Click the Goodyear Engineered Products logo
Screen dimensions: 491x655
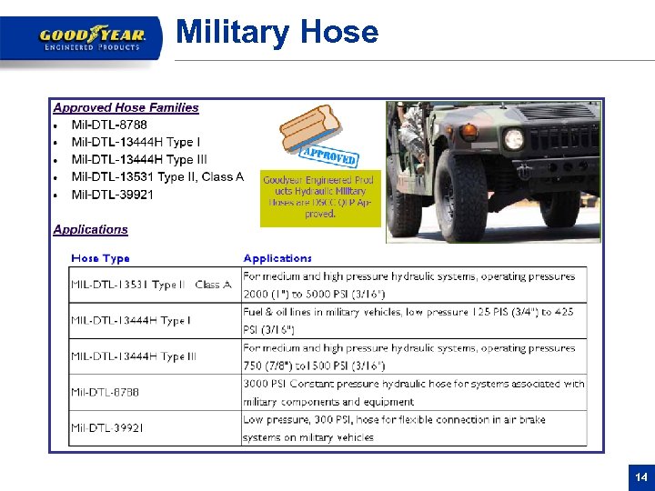coord(92,39)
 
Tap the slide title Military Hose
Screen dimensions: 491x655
coord(277,32)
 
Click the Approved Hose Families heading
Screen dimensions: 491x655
coord(126,107)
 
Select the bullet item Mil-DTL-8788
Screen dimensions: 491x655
coord(109,125)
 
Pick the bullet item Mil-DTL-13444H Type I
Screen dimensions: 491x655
coord(136,142)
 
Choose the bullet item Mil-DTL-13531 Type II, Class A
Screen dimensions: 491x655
coord(157,176)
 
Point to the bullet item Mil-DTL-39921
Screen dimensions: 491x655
coord(113,195)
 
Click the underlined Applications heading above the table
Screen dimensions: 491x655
coord(90,230)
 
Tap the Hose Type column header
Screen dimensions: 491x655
coord(100,258)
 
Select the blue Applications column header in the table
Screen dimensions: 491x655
coord(277,258)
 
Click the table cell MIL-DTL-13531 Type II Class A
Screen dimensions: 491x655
coord(151,285)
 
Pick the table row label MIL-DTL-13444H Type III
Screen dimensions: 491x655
coord(133,356)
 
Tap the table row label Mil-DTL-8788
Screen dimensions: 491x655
coord(105,392)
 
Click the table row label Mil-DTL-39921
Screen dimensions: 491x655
coord(106,427)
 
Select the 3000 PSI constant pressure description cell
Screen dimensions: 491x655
coord(413,392)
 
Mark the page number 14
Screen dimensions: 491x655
coord(640,476)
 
